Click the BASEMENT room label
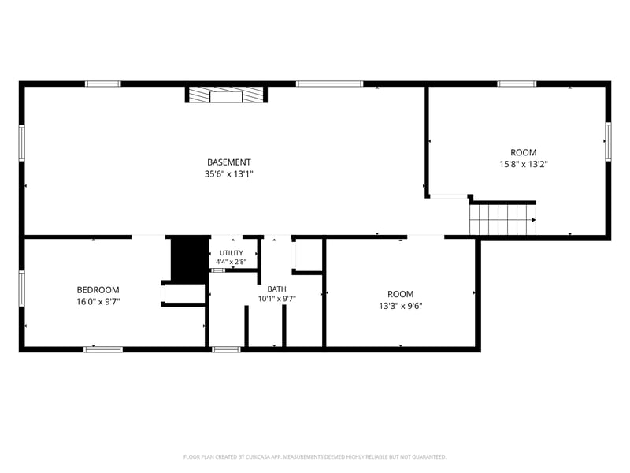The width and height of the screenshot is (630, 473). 229,162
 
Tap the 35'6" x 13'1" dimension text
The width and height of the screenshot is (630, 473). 229,174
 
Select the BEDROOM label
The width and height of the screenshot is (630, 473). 98,290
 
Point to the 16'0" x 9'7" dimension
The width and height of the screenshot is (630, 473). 98,302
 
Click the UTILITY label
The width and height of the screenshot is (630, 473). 232,253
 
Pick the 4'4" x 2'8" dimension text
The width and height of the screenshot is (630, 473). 232,262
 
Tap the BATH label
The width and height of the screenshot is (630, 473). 277,289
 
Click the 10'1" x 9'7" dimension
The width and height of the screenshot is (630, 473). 277,299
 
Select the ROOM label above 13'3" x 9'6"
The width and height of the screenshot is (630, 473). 401,294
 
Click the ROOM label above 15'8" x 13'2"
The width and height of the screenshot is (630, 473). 524,152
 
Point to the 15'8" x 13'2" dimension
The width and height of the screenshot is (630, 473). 524,164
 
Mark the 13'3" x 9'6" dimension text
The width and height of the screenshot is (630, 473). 401,306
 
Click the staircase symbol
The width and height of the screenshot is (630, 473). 502,220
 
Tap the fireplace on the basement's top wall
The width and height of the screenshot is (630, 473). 226,95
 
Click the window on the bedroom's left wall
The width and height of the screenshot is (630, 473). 22,289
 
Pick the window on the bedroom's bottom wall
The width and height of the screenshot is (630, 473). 103,349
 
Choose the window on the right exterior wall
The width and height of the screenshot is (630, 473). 608,142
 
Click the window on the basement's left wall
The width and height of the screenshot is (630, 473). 22,143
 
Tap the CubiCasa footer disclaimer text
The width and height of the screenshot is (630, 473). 314,457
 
